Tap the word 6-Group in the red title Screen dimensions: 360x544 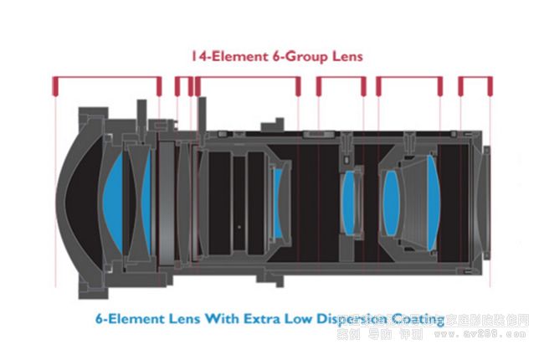[x=280, y=58]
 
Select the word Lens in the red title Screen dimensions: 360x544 [x=330, y=58]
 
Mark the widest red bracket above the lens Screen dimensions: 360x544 [x=106, y=80]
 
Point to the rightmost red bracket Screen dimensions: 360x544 [x=475, y=81]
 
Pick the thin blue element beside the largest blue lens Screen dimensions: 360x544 [x=146, y=197]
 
